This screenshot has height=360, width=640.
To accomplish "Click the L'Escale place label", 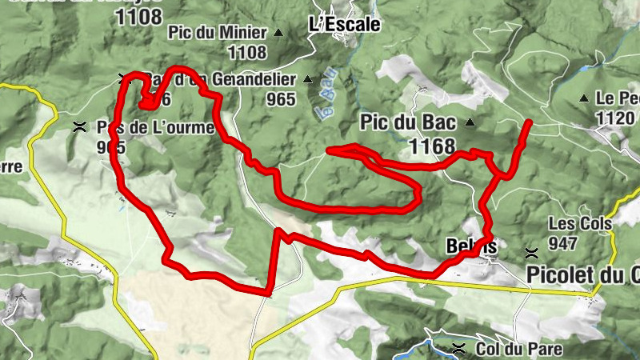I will [x=344, y=24].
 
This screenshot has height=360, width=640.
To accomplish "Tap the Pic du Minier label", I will [x=217, y=33].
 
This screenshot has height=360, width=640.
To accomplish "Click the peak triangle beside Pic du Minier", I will [x=278, y=33].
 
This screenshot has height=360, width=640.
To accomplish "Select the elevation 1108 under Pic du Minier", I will [x=246, y=53].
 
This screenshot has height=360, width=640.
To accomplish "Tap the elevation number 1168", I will [x=431, y=146].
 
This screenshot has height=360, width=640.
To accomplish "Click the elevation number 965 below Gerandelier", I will [x=281, y=99].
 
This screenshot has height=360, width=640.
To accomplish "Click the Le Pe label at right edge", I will [x=616, y=98].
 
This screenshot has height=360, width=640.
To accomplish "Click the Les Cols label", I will [x=580, y=223].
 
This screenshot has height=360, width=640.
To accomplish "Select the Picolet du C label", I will [x=583, y=274].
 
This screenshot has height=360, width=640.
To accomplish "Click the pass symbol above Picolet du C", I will [x=530, y=253].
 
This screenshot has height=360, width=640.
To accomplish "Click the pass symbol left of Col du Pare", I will [x=458, y=349].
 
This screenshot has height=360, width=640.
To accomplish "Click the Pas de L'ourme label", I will [x=154, y=128].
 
